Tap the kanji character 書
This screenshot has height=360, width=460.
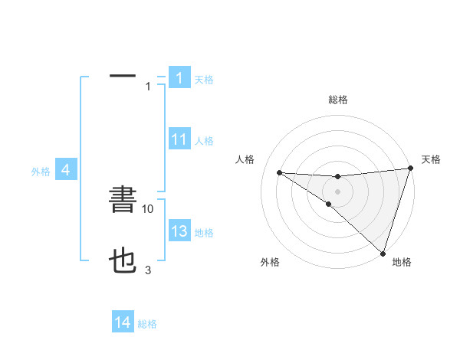click(x=123, y=201)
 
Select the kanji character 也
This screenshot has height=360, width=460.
click(x=123, y=263)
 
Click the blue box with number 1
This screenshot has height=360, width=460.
click(x=179, y=77)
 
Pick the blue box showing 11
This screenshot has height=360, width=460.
click(x=179, y=139)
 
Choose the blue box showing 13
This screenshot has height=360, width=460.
click(x=179, y=231)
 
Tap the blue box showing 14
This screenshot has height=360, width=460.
click(x=123, y=323)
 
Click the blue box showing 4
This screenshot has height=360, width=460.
click(x=66, y=170)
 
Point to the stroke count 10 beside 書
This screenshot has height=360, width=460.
click(x=148, y=208)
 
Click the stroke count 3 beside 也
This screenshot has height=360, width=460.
click(x=148, y=270)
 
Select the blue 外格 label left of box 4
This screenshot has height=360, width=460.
click(x=41, y=172)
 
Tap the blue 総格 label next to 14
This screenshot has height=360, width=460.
click(x=147, y=324)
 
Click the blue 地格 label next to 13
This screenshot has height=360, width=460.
click(x=204, y=232)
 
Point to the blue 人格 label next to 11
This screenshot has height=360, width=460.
click(x=204, y=141)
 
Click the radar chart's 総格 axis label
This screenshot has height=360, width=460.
click(x=337, y=100)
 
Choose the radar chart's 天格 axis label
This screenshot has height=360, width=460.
click(x=431, y=159)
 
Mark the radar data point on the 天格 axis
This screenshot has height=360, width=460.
click(x=410, y=169)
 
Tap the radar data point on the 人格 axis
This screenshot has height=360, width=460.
click(x=279, y=172)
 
